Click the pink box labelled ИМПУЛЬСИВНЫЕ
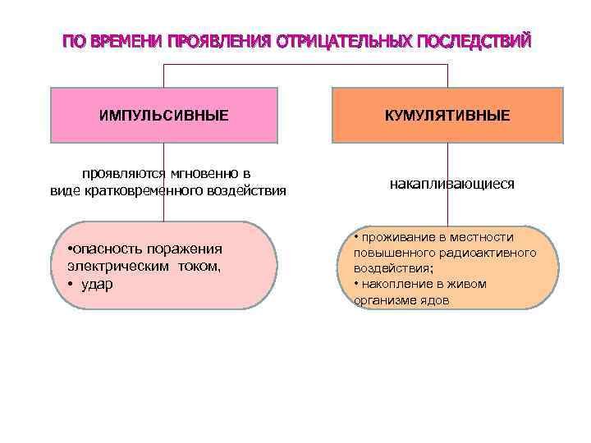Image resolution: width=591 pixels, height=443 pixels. (x=164, y=115)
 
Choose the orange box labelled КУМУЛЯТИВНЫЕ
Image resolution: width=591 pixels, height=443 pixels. (x=447, y=115)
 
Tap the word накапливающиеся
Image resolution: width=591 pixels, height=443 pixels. (x=452, y=185)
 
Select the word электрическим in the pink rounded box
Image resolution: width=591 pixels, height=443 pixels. (x=115, y=266)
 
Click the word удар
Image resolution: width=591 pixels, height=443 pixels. (x=98, y=283)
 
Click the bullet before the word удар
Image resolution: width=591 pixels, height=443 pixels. (x=72, y=283)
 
